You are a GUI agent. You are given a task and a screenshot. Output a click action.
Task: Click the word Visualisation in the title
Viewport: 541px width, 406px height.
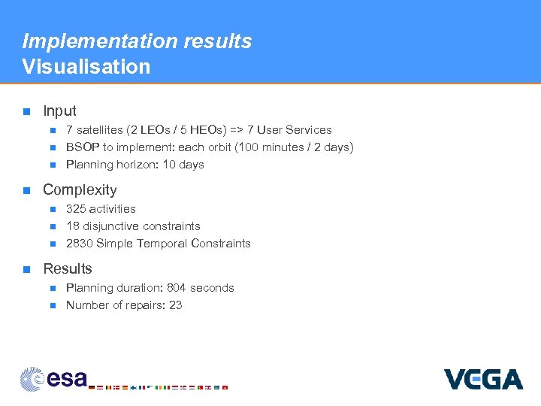point(86,66)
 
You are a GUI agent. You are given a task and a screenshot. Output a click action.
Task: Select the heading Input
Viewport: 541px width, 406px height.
point(59,111)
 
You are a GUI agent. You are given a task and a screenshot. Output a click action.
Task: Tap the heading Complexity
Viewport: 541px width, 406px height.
point(80,190)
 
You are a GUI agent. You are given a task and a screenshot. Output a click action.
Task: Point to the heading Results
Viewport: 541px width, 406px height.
point(68,269)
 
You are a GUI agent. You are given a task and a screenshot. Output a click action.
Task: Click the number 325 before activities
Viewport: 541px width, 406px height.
point(76,209)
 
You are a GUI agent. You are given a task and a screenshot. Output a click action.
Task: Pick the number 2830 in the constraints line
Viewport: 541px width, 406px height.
point(79,244)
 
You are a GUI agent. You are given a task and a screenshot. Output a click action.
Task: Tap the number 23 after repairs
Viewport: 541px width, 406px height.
point(176,305)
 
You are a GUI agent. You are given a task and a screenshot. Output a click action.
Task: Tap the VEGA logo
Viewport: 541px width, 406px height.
point(483,378)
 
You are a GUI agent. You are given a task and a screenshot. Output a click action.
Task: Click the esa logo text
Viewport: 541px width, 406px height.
point(67,378)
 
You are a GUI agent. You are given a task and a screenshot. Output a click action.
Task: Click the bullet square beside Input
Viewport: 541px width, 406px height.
point(26,111)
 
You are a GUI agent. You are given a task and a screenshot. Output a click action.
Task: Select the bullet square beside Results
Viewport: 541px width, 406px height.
point(26,269)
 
